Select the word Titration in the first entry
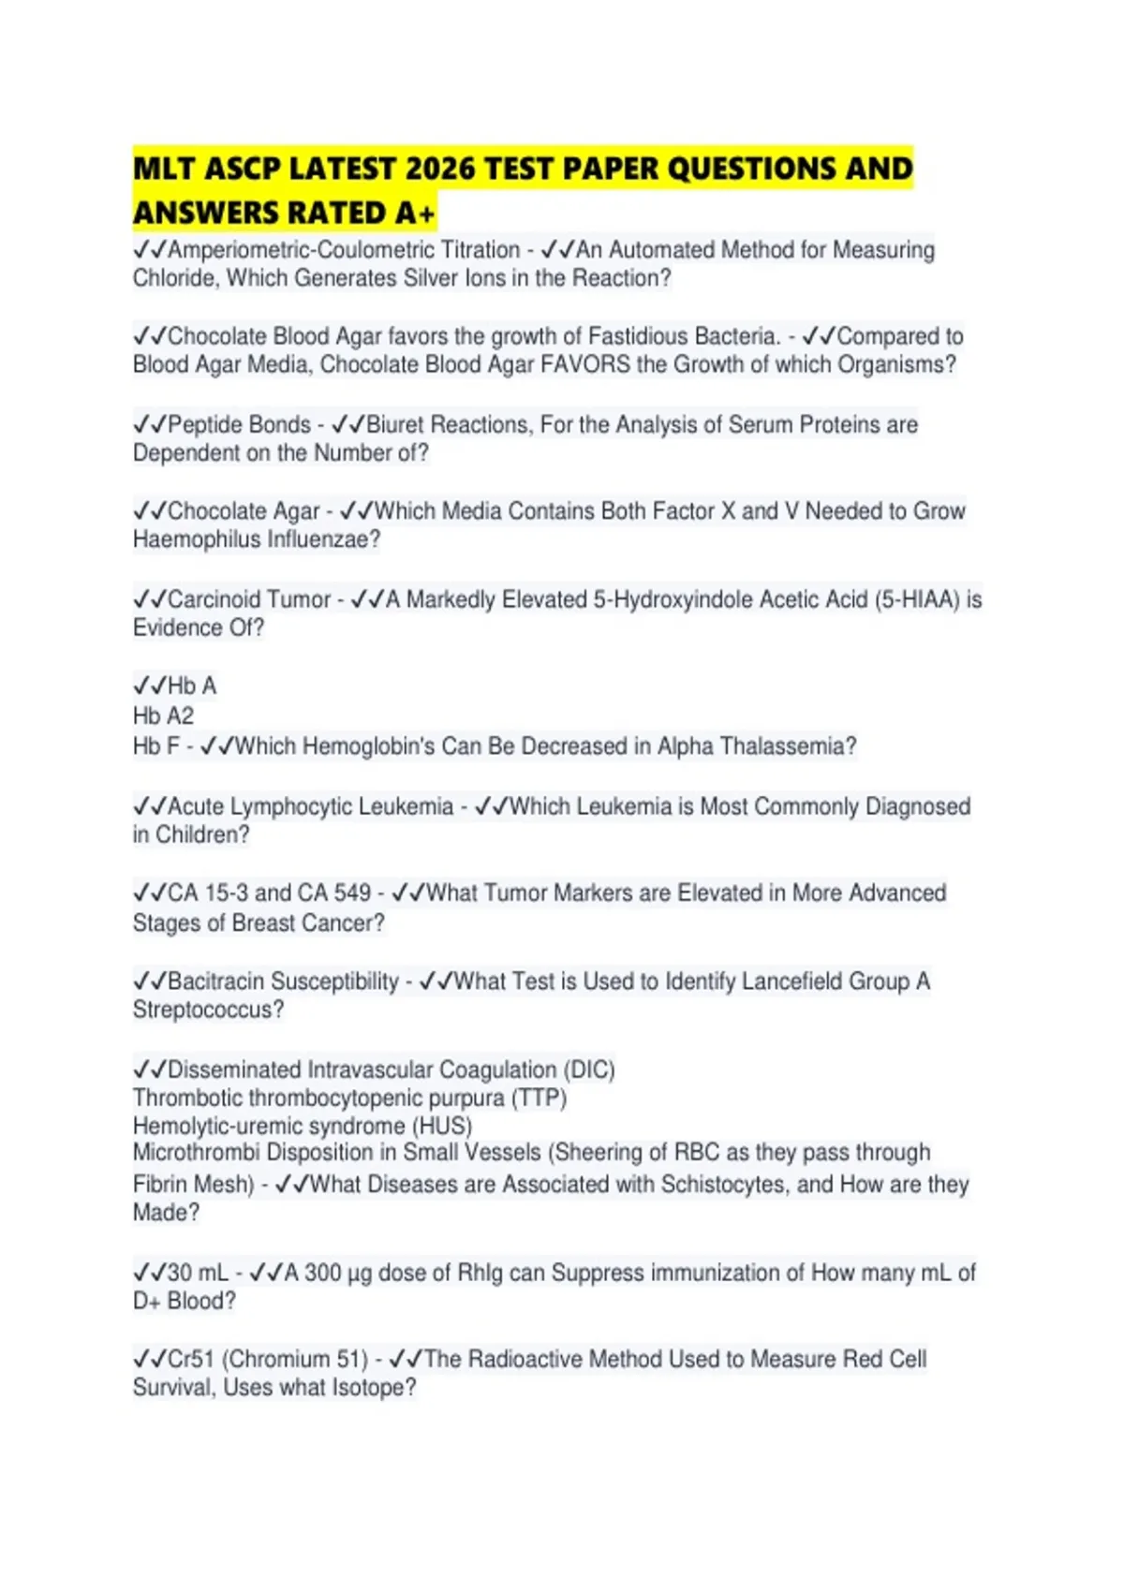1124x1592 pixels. pos(480,251)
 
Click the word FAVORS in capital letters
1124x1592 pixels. pos(585,365)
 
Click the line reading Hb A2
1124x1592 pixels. pos(163,716)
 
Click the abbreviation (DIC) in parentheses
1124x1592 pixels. pos(588,1070)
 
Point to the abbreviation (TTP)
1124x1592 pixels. pos(539,1098)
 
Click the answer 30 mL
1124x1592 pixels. pos(197,1274)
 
